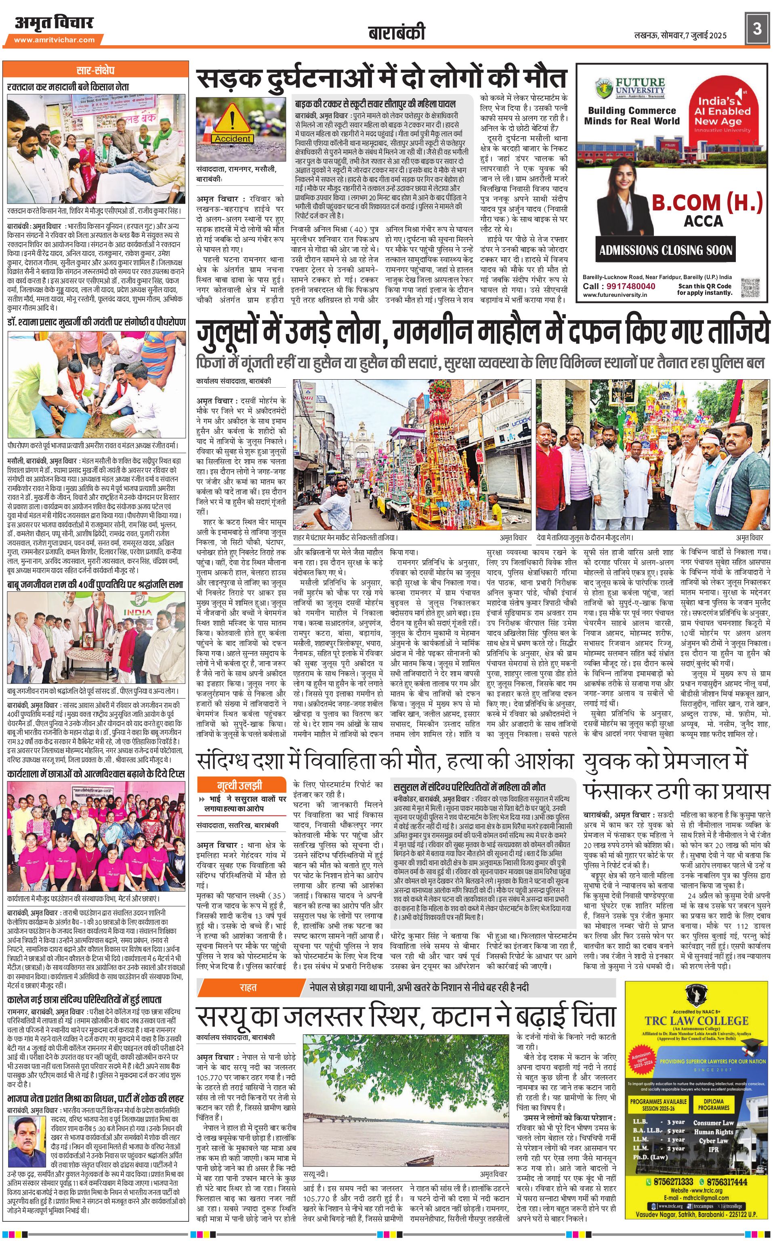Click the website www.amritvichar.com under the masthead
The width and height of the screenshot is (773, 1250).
click(x=54, y=40)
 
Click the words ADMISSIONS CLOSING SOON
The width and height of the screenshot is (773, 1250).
click(x=666, y=250)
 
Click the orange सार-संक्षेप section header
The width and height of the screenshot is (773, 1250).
click(x=96, y=70)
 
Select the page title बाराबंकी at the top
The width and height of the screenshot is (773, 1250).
click(x=396, y=34)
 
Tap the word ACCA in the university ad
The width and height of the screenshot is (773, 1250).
click(x=704, y=221)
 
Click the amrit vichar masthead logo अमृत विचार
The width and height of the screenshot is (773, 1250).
click(x=54, y=23)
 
